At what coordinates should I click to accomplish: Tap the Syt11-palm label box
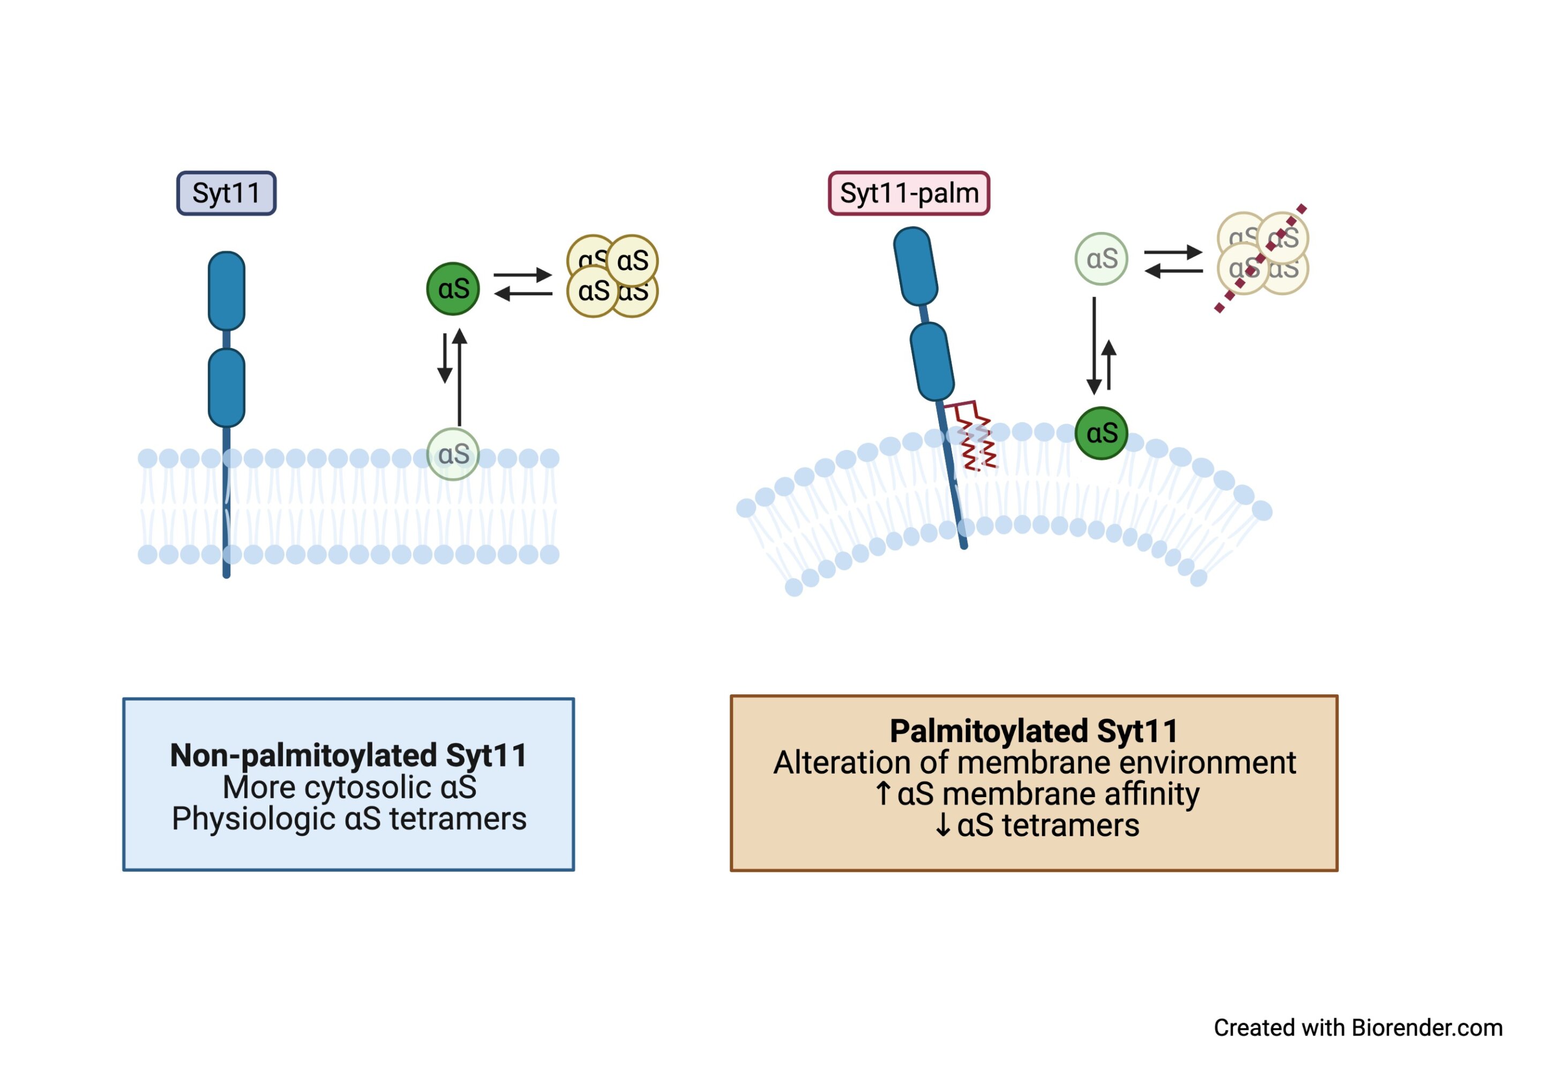908,193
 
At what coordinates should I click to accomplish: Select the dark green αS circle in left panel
453,289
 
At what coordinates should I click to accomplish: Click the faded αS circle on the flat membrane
453,454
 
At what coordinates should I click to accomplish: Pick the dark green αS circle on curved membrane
1102,433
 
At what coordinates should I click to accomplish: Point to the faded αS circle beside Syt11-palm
1102,259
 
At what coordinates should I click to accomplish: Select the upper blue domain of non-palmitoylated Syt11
227,291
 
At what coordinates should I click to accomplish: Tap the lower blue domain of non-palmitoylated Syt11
227,388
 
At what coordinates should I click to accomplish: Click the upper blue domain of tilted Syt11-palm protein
915,266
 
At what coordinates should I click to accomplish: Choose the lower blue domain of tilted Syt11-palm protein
932,362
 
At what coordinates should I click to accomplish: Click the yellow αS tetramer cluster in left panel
612,276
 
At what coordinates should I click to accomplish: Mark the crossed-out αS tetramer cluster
1262,254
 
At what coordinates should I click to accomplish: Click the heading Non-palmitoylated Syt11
348,755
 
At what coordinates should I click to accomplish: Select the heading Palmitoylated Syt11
1033,731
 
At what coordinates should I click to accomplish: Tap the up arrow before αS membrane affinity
883,794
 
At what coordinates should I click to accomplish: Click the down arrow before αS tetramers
943,826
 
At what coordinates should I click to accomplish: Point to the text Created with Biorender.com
1358,1027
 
